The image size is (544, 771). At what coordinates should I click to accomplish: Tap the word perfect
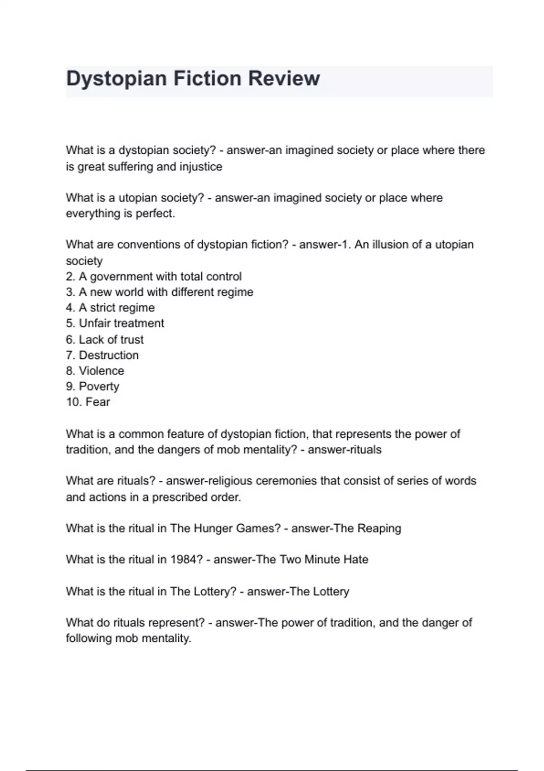tap(155, 214)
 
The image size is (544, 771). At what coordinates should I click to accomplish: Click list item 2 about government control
tap(154, 277)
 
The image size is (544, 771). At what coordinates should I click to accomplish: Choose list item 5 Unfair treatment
tap(115, 323)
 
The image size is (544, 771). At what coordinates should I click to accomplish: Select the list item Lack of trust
tap(105, 340)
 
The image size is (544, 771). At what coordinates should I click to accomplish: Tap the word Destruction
tap(108, 355)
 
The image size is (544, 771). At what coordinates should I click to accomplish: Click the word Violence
tap(101, 371)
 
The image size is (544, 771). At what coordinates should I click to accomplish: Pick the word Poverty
tap(99, 386)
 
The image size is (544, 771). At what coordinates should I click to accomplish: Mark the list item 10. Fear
tap(88, 402)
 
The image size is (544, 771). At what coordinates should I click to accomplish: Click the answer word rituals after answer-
tap(364, 450)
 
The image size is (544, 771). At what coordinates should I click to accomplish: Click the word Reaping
tap(379, 528)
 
